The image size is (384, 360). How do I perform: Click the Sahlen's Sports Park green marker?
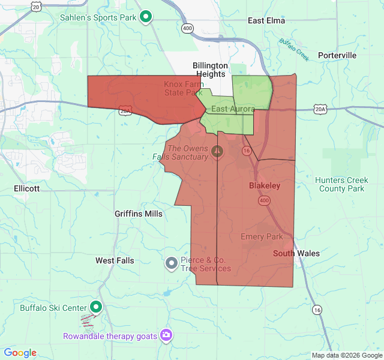coord(145,17)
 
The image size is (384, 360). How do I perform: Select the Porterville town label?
coord(337,55)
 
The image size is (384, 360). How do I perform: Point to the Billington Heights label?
coord(210,70)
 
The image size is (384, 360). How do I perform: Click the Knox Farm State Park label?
coord(184,88)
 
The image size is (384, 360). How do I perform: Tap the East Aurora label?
coord(233,109)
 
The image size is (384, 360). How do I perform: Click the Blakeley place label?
coord(265,186)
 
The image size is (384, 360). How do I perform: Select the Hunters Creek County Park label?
coord(341,184)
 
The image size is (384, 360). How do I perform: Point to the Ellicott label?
coord(26,188)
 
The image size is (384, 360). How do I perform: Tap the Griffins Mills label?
coord(139,214)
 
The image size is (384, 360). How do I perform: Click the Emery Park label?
coord(262,236)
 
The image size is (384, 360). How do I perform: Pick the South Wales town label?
coord(296,253)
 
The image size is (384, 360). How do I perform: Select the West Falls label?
coord(115,260)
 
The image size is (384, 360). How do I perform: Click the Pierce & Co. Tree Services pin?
coord(171,263)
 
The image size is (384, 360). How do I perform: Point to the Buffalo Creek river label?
coord(294,49)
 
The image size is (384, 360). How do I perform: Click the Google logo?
coord(20,353)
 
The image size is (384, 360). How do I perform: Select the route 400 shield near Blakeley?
coord(265,200)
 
